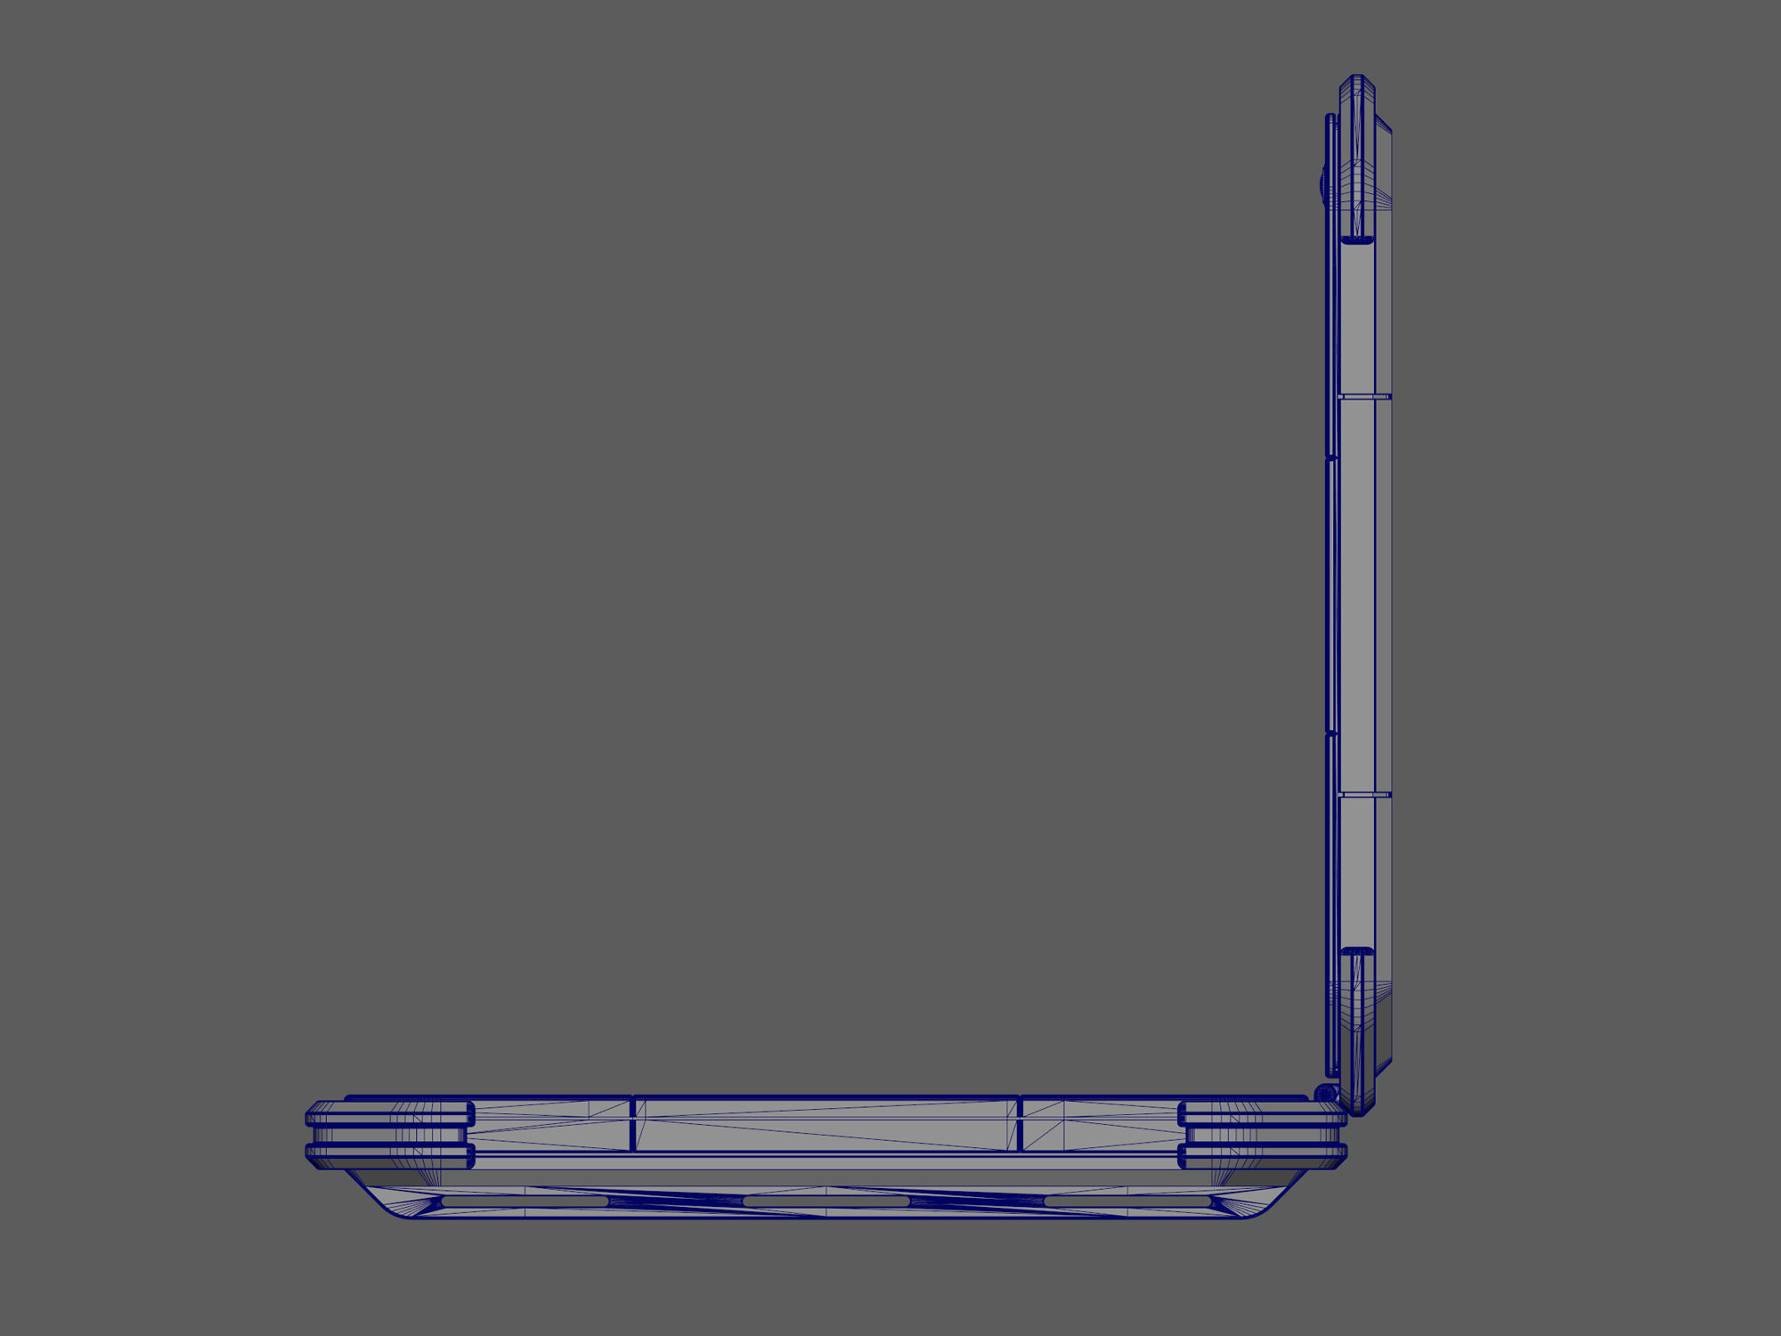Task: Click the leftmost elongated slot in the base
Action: pyautogui.click(x=525, y=1202)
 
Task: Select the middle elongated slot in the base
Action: pyautogui.click(x=825, y=1202)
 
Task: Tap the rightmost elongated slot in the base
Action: pyautogui.click(x=1126, y=1202)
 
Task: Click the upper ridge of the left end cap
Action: pyautogui.click(x=389, y=1113)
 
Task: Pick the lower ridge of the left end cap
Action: pyautogui.click(x=389, y=1156)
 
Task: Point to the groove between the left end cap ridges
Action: pyautogui.click(x=389, y=1135)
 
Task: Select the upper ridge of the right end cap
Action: pyautogui.click(x=1263, y=1113)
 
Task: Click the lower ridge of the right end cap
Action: pyautogui.click(x=1263, y=1156)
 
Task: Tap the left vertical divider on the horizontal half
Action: pyautogui.click(x=632, y=1123)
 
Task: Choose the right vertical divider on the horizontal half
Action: pyautogui.click(x=1020, y=1123)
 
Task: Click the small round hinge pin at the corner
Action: pyautogui.click(x=1325, y=1093)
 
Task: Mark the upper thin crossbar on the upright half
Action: pyautogui.click(x=1364, y=396)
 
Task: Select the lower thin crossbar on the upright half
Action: pyautogui.click(x=1364, y=794)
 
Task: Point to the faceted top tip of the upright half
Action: pyautogui.click(x=1357, y=82)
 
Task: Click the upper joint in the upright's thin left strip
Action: pyautogui.click(x=1331, y=459)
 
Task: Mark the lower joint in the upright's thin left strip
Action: pyautogui.click(x=1331, y=734)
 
